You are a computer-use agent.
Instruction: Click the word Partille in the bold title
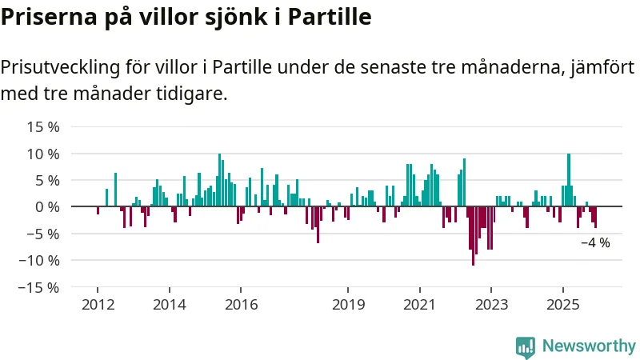tap(329, 17)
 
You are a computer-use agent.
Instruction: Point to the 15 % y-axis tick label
tap(43, 126)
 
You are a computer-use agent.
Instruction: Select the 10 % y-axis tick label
tap(43, 154)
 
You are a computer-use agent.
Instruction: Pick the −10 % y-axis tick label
tap(40, 260)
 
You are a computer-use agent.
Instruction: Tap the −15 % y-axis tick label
tap(40, 287)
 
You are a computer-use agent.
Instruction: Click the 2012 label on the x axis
tap(97, 305)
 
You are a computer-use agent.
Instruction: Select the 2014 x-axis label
tap(170, 305)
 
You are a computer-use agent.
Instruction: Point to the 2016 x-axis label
tap(242, 305)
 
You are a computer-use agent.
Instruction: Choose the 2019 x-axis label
tap(348, 305)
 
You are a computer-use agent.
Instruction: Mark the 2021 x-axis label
tap(419, 305)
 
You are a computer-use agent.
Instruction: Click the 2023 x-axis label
tap(490, 305)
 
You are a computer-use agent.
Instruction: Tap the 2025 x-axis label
tap(562, 305)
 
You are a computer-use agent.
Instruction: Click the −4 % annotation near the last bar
tap(595, 243)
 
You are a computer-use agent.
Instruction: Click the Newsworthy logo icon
tap(526, 346)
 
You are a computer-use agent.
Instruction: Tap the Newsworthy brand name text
tap(589, 346)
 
